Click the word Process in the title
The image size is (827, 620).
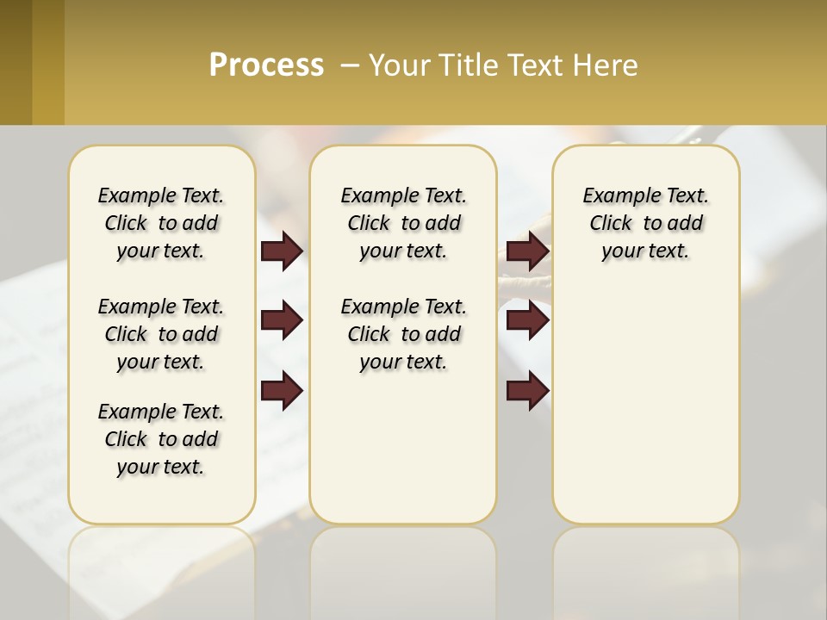tap(266, 65)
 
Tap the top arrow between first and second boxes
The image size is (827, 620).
tap(282, 251)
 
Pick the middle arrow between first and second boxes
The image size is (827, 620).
tap(282, 321)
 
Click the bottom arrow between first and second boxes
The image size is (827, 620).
tap(282, 390)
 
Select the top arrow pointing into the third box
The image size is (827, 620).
tap(527, 251)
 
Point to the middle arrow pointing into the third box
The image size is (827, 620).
tap(527, 321)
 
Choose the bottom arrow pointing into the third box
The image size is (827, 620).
tap(527, 390)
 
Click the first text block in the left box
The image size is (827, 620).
tap(161, 223)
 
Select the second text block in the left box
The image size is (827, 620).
tap(161, 334)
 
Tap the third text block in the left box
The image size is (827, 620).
tap(161, 439)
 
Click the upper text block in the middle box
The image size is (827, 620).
tap(403, 223)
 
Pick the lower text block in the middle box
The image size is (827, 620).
tap(403, 334)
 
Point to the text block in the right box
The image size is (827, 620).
tap(645, 223)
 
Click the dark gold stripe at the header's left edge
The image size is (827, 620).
tap(16, 62)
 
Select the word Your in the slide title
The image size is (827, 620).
tap(400, 65)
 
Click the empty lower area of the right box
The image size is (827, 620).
tap(645, 413)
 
